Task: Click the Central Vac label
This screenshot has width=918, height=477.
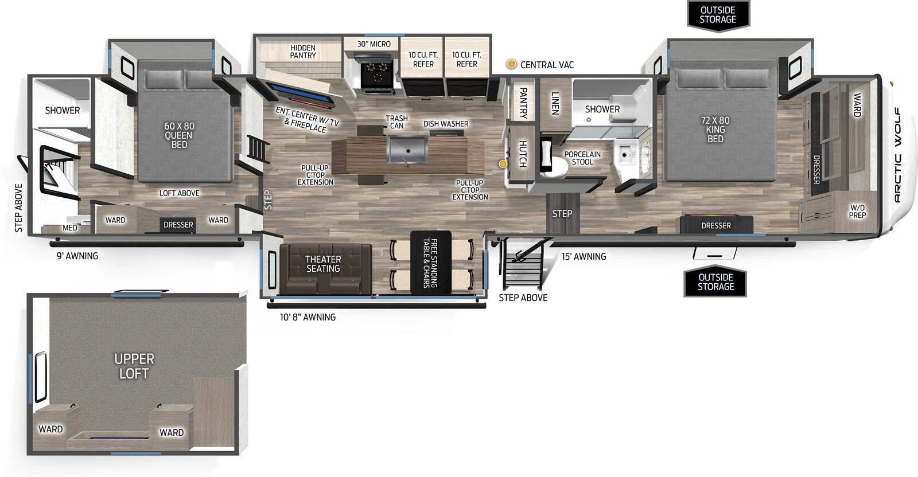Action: (x=547, y=65)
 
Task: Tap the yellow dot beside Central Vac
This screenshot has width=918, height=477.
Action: (x=511, y=64)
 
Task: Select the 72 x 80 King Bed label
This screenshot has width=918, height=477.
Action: (x=715, y=130)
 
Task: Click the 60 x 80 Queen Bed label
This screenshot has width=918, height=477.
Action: (x=179, y=135)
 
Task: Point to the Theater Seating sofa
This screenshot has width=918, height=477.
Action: (x=323, y=268)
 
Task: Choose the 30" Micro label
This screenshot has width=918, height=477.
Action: (x=374, y=44)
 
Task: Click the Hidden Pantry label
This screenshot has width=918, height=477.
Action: (x=302, y=52)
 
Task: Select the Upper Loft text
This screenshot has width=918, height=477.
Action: (x=134, y=366)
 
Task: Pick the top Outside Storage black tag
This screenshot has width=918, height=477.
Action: (x=718, y=15)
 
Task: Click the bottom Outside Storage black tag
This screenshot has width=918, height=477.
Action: (x=715, y=281)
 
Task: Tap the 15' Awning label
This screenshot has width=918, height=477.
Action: (x=584, y=257)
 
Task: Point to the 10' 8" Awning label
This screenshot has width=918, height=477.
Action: (x=308, y=317)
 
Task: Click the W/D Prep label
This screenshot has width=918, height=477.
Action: (x=857, y=211)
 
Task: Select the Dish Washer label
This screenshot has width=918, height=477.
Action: (x=446, y=124)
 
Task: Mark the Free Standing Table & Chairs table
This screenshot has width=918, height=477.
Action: (x=431, y=263)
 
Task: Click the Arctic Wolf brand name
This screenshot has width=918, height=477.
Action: (x=897, y=155)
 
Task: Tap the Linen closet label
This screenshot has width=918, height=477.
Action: (x=555, y=103)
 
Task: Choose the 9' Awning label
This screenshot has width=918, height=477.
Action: (x=77, y=256)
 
